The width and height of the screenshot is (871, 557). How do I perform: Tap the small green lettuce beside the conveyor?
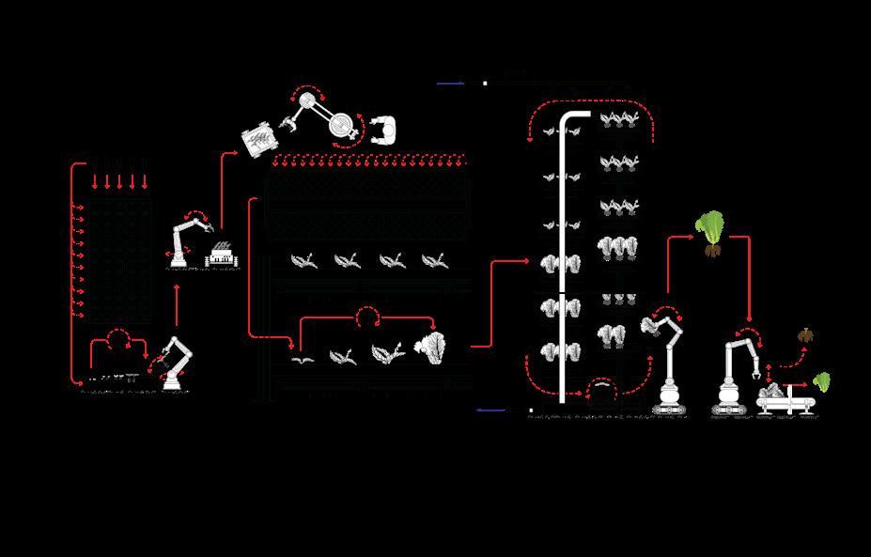pos(822,382)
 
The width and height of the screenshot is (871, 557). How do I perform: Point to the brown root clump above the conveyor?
pos(805,335)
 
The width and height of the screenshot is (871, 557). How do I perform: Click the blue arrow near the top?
pos(451,84)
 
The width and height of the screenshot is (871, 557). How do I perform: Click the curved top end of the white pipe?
pos(569,118)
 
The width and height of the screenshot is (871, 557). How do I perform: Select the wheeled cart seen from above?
pos(257,139)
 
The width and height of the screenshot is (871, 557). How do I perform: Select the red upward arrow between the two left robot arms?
pos(177,302)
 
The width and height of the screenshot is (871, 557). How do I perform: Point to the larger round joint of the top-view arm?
pos(342,128)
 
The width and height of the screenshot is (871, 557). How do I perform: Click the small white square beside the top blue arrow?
pos(485,84)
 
